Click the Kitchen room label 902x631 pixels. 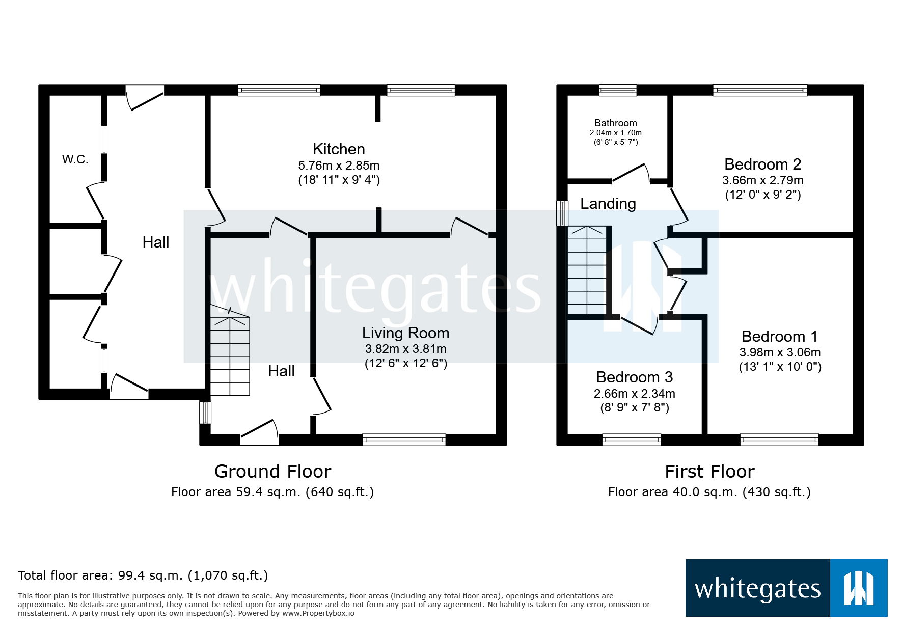[339, 149]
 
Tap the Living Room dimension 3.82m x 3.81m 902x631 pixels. [405, 349]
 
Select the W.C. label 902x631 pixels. [75, 159]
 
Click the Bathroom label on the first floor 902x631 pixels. [615, 123]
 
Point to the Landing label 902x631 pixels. [608, 204]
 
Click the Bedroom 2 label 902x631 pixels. [762, 164]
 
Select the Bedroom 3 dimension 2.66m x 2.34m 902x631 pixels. [634, 394]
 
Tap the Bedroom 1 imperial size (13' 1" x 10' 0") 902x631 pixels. [780, 367]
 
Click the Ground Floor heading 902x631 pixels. [272, 472]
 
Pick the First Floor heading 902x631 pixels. [709, 472]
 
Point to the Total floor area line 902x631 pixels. [143, 575]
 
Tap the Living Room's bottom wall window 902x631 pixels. [404, 440]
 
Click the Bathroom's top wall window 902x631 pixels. [617, 90]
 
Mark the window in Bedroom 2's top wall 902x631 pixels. [759, 90]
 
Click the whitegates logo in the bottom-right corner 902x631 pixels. [786, 588]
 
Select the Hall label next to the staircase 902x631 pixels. [281, 371]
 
